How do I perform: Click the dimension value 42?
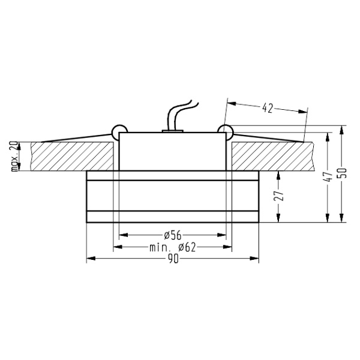click(x=268, y=108)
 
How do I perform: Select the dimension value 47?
click(x=328, y=177)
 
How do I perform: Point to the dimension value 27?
click(x=280, y=196)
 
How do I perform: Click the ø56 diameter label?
click(x=173, y=235)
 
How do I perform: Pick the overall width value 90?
click(x=173, y=259)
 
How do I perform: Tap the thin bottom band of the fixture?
click(x=173, y=217)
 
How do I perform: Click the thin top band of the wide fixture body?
click(x=173, y=175)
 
